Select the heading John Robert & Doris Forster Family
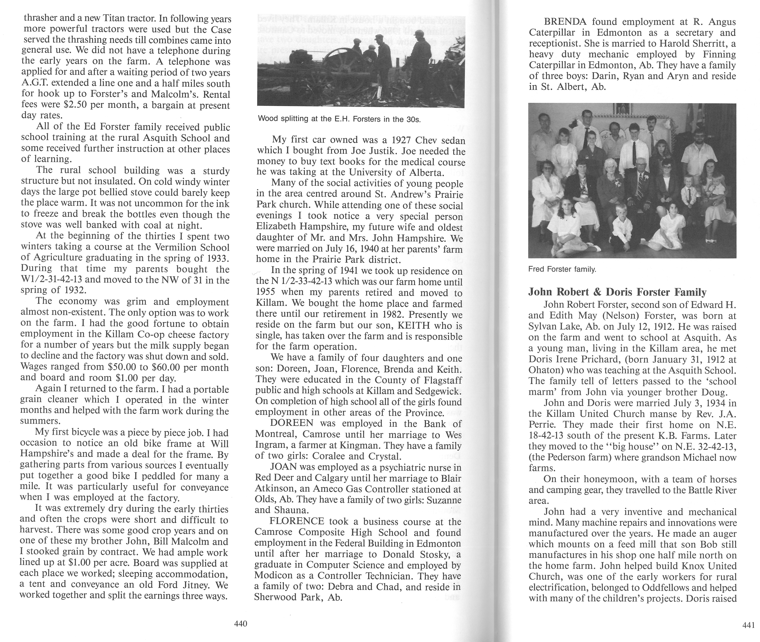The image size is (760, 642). pos(617,292)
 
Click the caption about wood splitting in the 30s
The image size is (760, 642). pos(339,119)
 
